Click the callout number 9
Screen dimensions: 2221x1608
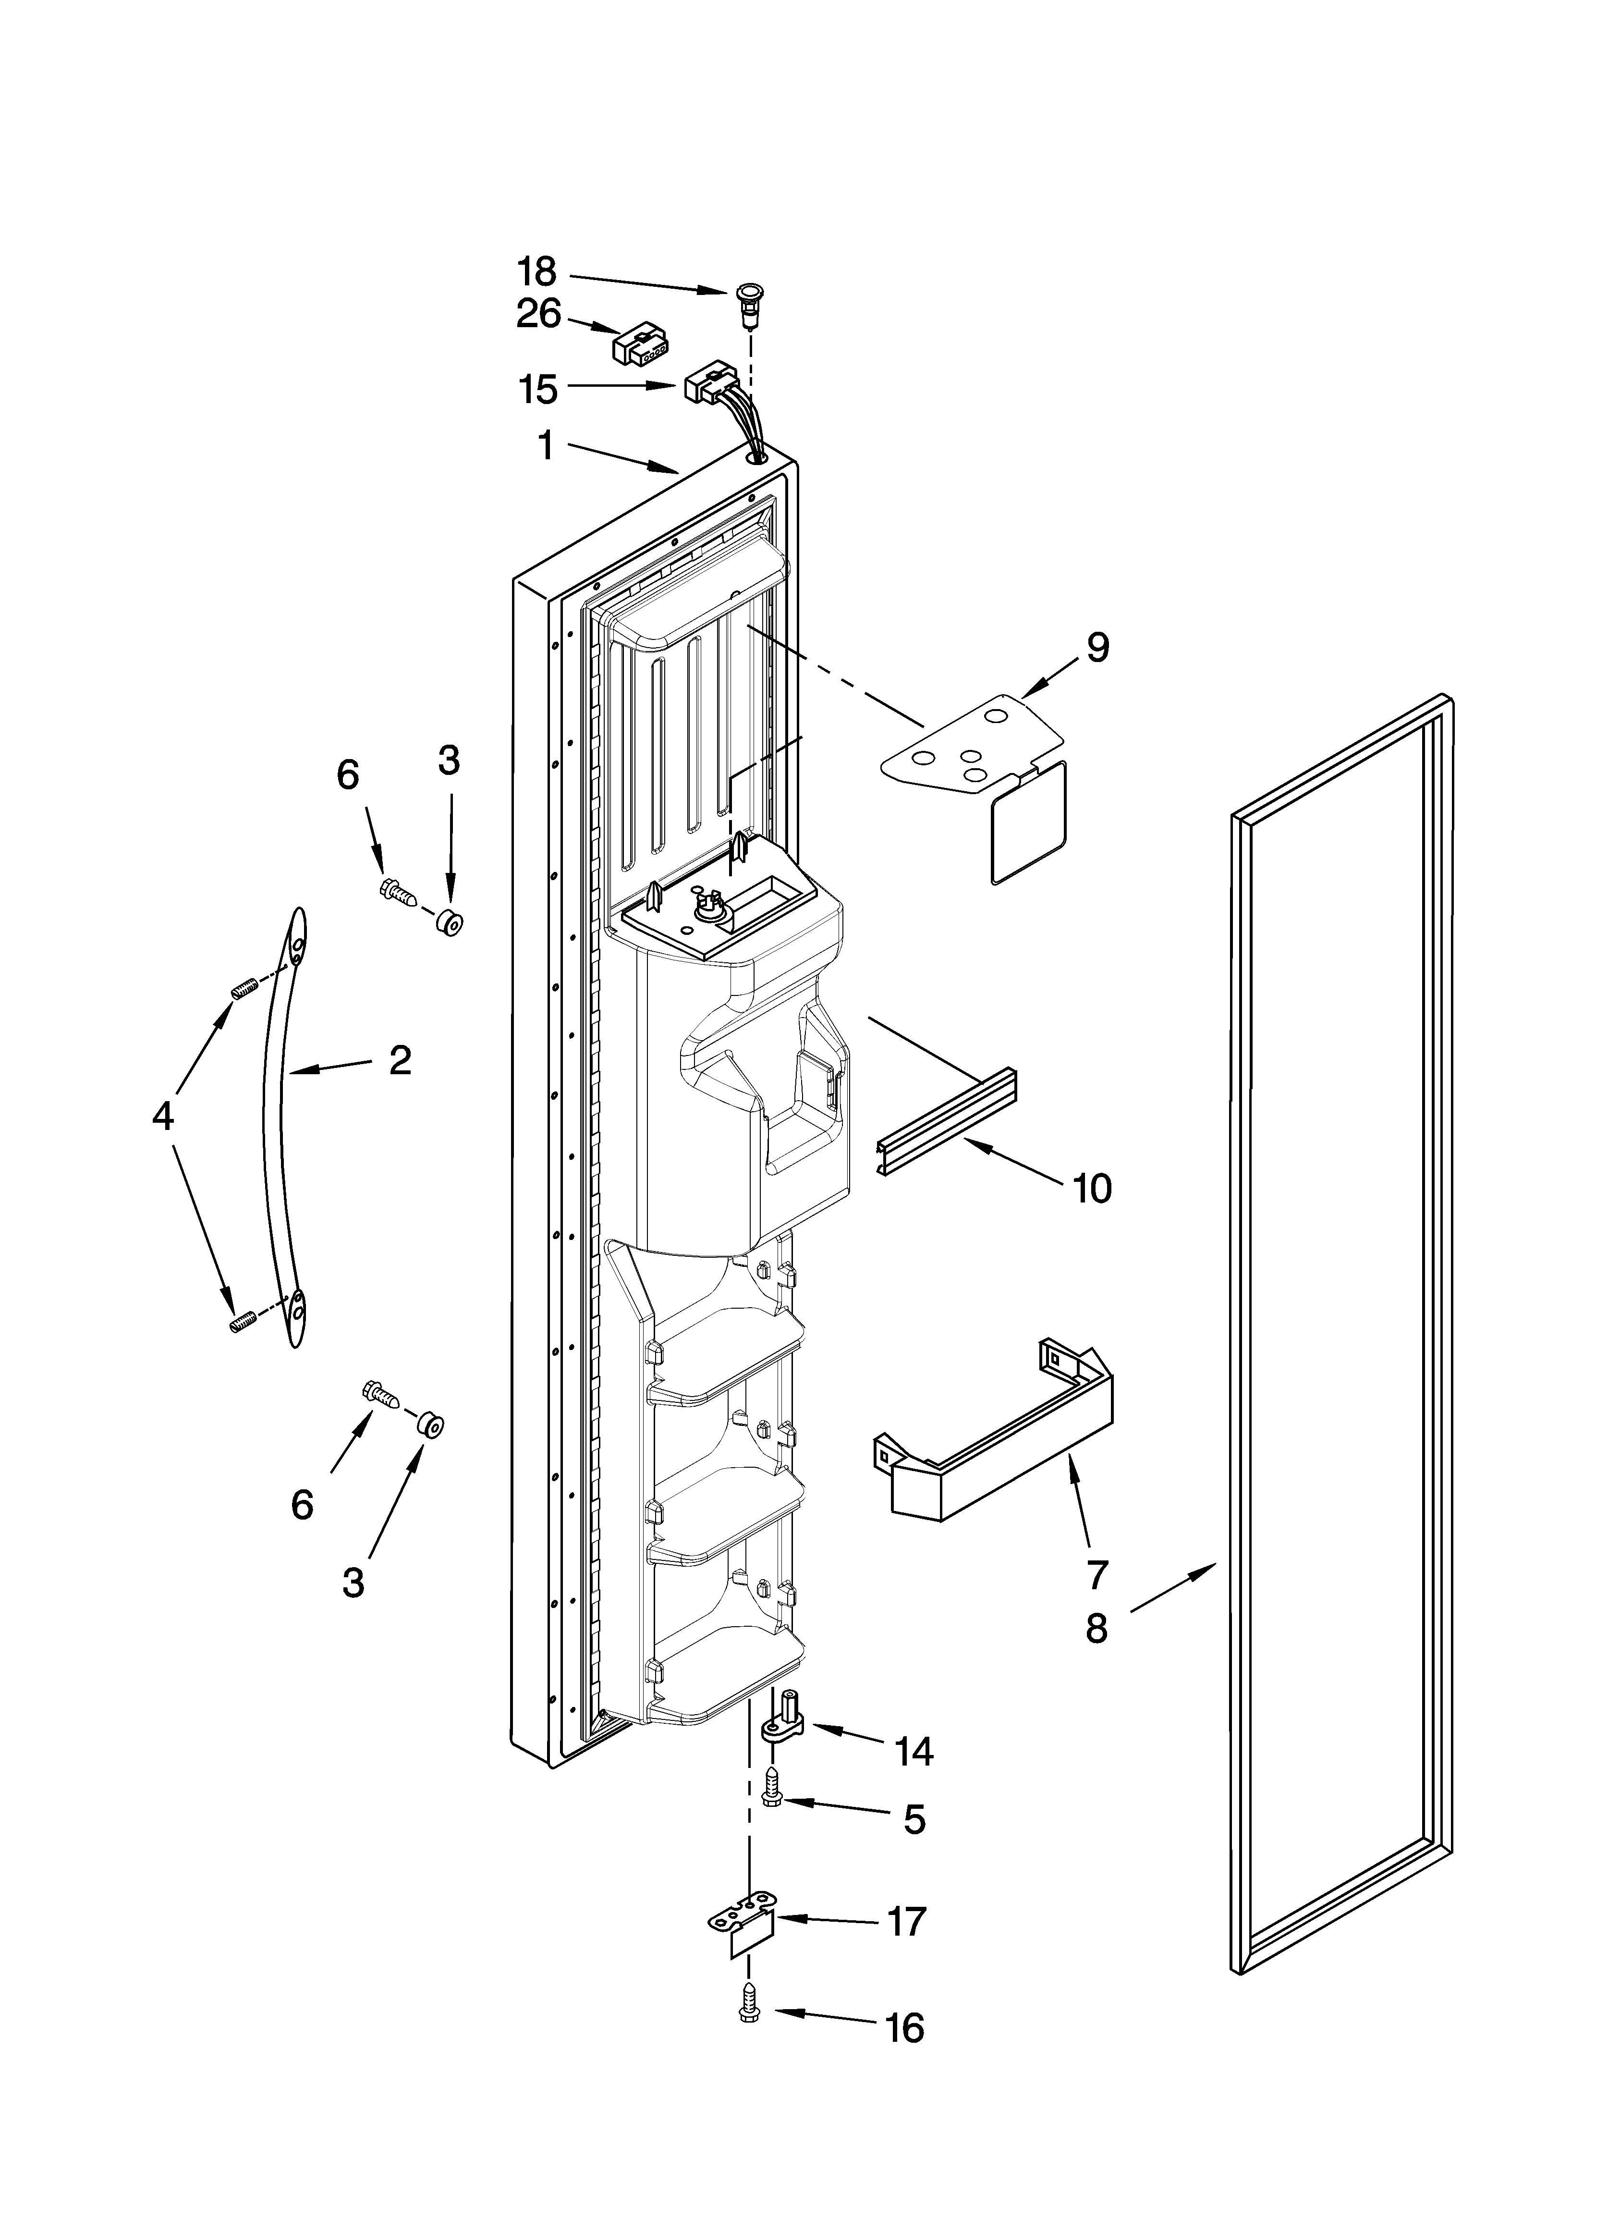pos(1097,647)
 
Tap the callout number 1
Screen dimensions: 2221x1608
pos(546,446)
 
